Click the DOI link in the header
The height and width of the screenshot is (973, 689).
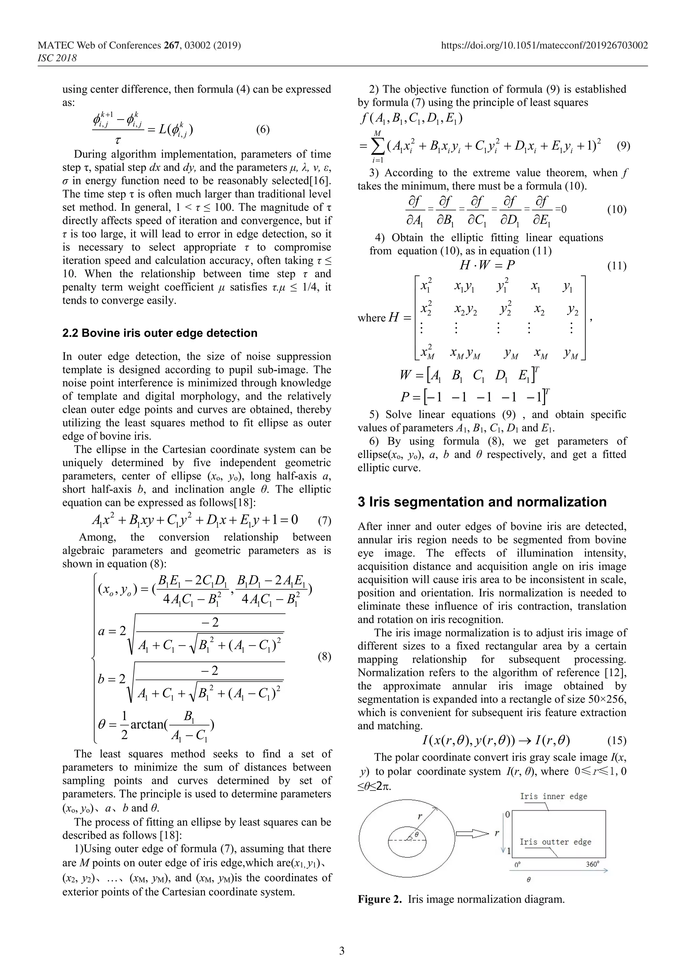coord(544,45)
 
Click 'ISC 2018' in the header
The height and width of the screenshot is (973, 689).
coord(57,58)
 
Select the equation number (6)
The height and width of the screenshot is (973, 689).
coord(263,130)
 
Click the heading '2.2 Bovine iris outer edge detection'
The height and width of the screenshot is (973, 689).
coord(159,333)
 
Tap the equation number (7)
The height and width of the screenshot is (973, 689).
coord(324,520)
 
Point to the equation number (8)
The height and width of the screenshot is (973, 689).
coord(324,657)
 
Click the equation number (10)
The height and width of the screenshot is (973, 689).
coord(616,209)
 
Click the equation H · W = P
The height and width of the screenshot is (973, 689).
coord(487,265)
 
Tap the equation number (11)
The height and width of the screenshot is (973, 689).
coord(616,266)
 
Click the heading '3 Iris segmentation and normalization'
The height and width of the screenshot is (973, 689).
coord(482,502)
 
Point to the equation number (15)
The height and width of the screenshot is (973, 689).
coord(616,741)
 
